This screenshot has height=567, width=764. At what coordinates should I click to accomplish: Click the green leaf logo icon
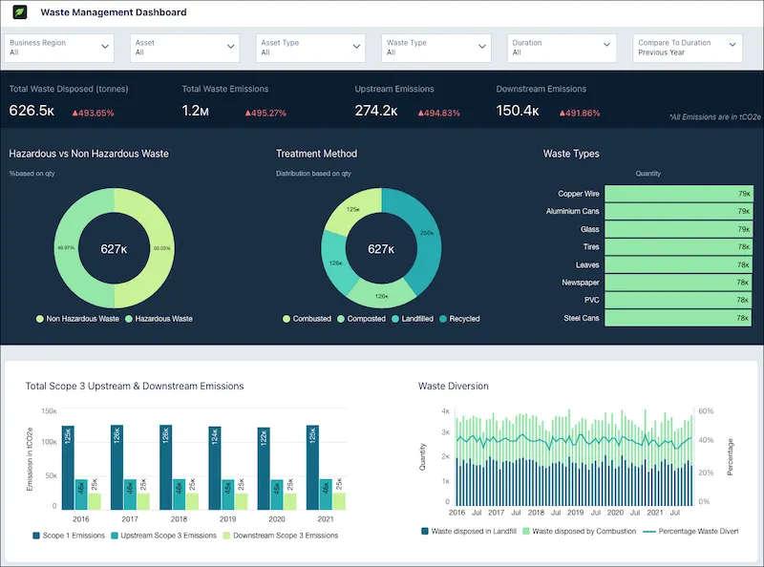[x=19, y=13]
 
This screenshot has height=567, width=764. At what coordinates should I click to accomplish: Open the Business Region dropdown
[x=59, y=48]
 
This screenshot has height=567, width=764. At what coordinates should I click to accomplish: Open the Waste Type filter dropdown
[x=437, y=48]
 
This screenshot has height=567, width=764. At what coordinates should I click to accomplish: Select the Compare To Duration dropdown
[x=689, y=48]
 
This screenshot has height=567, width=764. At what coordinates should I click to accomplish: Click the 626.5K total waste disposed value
[x=32, y=111]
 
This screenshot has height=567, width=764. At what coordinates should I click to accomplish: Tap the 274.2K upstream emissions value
[x=376, y=111]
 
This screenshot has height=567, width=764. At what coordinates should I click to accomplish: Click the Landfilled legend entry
[x=417, y=319]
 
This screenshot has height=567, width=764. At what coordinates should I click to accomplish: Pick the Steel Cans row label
[x=581, y=318]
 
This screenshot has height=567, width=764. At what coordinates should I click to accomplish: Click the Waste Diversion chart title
[x=454, y=387]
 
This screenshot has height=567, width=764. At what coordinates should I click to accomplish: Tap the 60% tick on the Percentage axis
[x=705, y=411]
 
